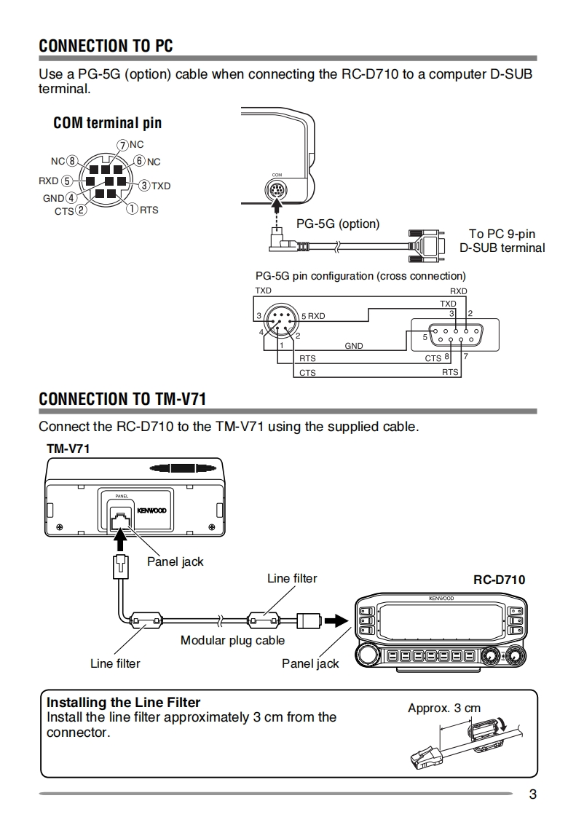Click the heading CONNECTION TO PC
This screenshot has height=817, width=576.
pos(106,46)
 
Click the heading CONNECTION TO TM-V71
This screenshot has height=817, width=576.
pos(122,399)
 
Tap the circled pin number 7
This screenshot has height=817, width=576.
pos(122,145)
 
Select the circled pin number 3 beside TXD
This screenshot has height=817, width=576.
pos(144,186)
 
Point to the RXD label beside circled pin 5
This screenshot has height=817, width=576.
pos(49,181)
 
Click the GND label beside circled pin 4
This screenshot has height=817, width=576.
pos(53,198)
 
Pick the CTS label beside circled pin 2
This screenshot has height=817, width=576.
pos(63,211)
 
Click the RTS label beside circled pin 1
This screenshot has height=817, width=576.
pos(149,210)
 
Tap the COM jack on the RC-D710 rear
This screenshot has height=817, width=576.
pos(277,192)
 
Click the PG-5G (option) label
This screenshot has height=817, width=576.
pos(338,224)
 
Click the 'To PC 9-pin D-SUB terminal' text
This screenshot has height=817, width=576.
pos(502,241)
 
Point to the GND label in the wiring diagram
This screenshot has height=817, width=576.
pos(353,346)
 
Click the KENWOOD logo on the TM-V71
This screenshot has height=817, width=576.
pos(151,510)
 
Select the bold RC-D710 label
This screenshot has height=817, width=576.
pos(499,580)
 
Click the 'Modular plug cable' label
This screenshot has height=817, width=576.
pos(232,641)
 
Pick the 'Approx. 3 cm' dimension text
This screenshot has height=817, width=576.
pos(444,708)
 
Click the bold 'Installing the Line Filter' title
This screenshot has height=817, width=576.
pos(123,703)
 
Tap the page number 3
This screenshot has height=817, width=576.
pos(532,794)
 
